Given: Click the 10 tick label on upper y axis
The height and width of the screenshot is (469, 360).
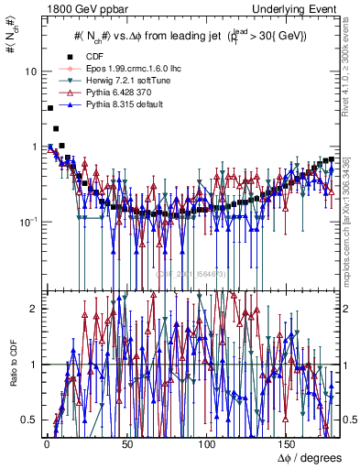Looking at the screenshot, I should coord(31,71).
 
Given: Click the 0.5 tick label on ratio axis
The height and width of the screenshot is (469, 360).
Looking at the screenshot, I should coord(30,420).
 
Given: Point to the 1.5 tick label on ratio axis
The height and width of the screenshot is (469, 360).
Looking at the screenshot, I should coord(30,336).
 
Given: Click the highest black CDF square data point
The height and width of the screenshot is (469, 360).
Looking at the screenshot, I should coord(49,108).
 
